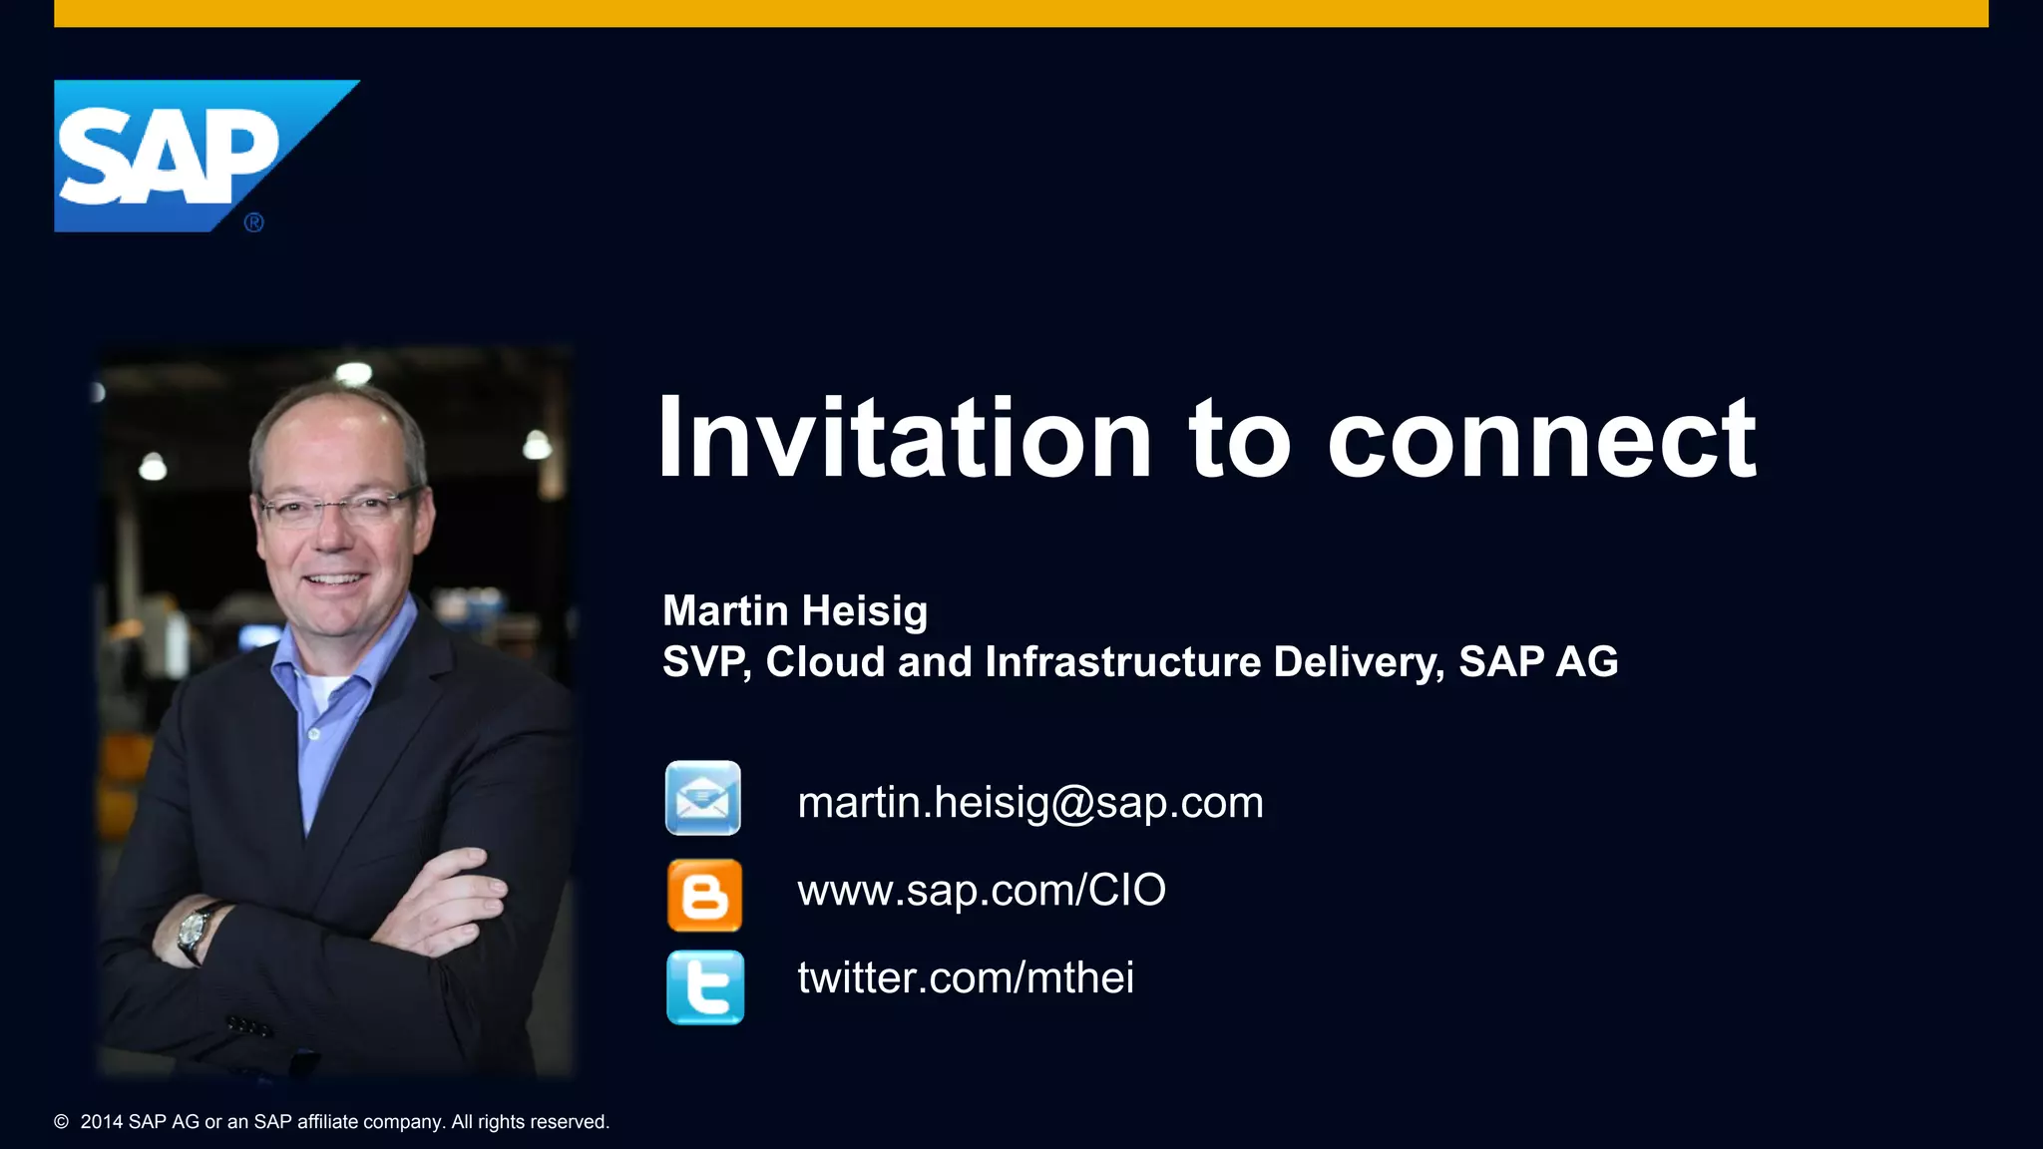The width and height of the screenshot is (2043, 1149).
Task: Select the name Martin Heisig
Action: point(795,610)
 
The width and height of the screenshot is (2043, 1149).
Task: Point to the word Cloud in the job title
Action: point(825,662)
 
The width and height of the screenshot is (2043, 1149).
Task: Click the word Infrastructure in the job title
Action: point(1122,662)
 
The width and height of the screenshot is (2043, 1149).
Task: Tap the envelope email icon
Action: point(703,798)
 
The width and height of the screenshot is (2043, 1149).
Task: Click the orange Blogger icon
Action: point(704,895)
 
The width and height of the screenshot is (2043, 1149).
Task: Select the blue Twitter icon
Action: point(705,987)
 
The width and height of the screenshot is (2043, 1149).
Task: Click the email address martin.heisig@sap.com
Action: point(1030,803)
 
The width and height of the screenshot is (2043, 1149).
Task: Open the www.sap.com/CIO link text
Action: point(982,890)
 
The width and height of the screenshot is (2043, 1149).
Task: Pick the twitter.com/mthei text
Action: point(966,977)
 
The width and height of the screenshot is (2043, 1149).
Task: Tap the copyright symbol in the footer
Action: point(62,1122)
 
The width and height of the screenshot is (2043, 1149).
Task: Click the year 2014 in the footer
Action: point(102,1122)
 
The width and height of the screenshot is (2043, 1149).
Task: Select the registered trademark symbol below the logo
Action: point(254,223)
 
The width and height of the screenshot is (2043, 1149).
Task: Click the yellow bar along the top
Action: point(1021,13)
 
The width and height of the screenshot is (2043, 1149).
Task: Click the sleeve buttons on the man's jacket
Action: point(248,1026)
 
